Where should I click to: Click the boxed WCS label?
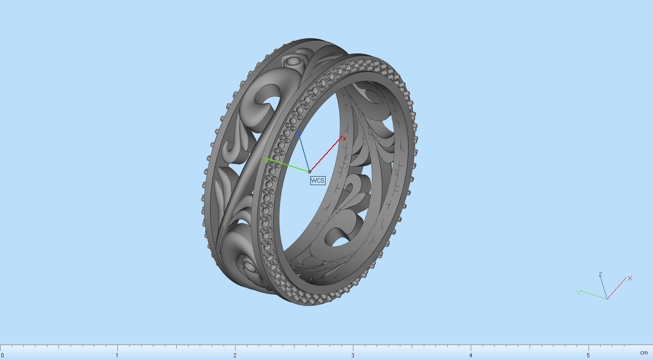(x=318, y=180)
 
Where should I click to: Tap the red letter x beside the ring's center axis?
(x=344, y=139)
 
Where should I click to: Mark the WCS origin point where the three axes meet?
(x=309, y=172)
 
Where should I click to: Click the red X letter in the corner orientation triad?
(x=630, y=278)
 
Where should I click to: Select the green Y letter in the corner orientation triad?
(x=578, y=293)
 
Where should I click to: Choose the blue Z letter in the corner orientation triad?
(x=600, y=274)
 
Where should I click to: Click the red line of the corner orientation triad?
(x=616, y=288)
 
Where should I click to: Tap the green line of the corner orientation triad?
(x=593, y=295)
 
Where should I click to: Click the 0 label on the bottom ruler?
(x=2, y=355)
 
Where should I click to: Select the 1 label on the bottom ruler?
(x=117, y=355)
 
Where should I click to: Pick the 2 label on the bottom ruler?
(x=235, y=355)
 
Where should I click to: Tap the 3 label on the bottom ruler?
(x=353, y=355)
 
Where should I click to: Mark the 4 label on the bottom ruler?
(x=470, y=355)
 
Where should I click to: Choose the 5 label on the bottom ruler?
(x=588, y=355)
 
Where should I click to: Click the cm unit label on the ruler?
(x=644, y=353)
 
